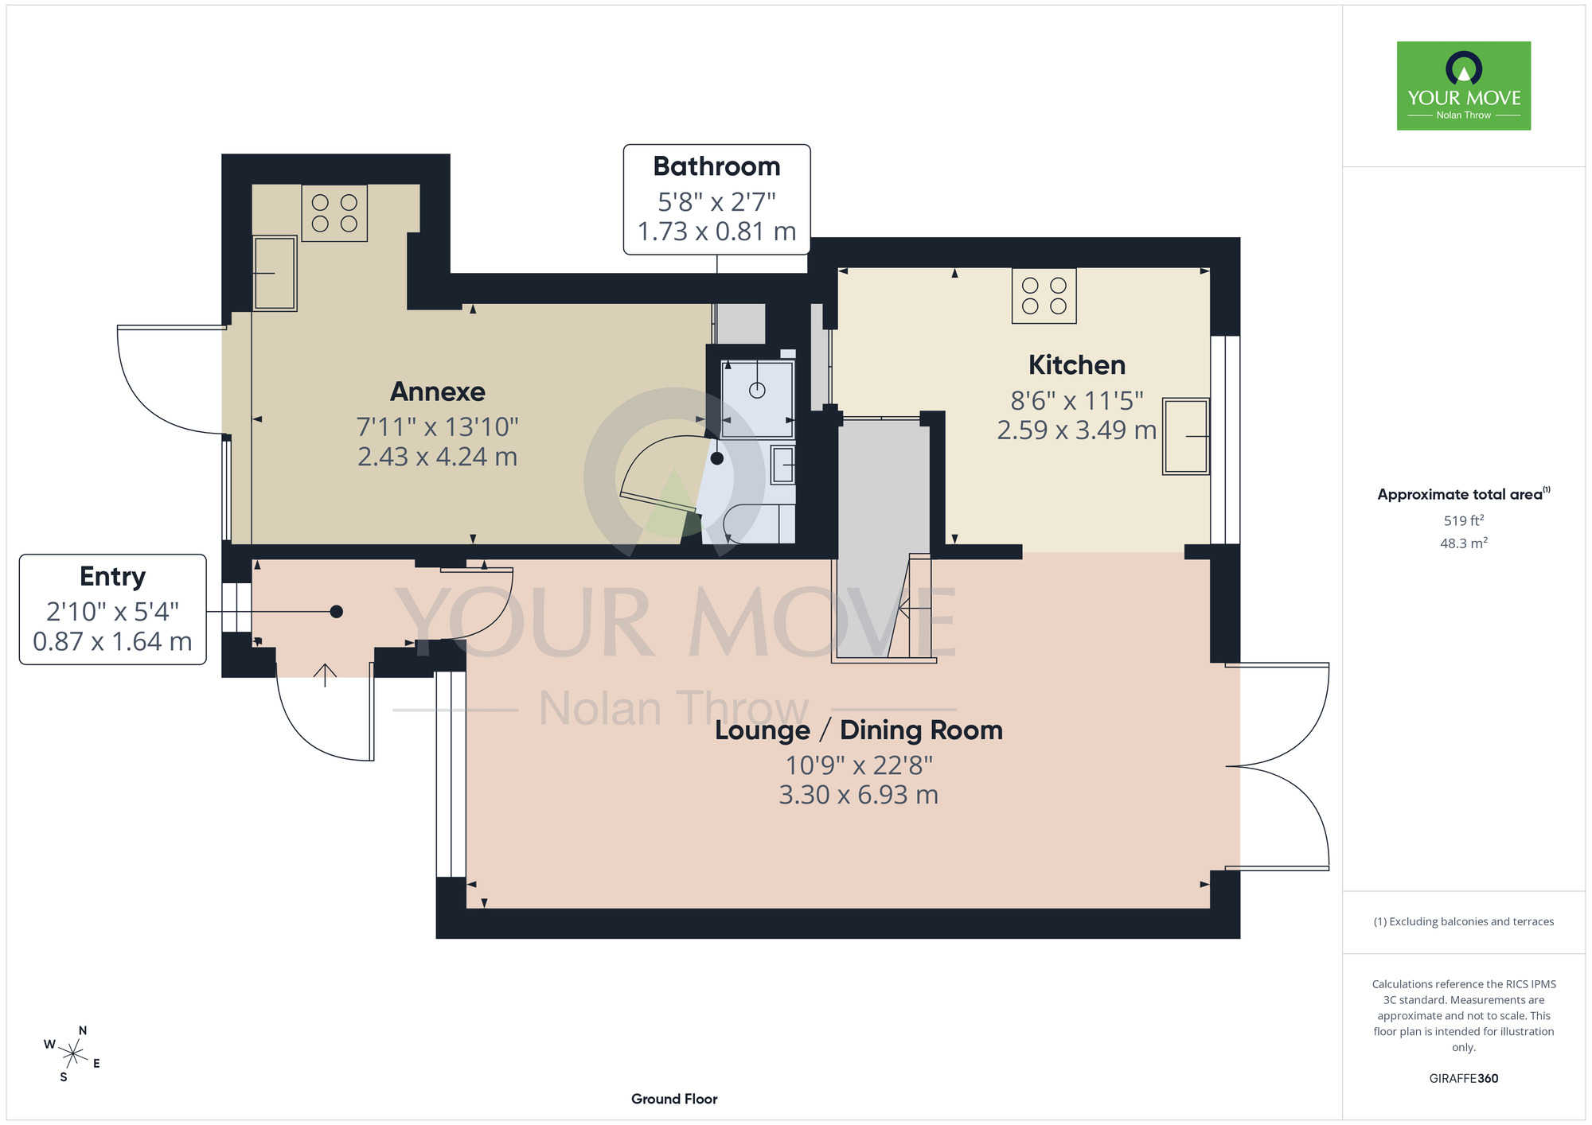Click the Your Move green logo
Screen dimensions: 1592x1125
[1463, 85]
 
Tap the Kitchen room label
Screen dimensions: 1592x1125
[1077, 365]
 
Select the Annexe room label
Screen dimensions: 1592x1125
[438, 391]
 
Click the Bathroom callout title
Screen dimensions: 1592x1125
[716, 166]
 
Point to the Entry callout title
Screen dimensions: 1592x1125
[112, 577]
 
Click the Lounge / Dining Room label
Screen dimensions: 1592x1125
[859, 730]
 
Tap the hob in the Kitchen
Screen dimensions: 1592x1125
[1044, 296]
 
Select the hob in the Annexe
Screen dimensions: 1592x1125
[334, 212]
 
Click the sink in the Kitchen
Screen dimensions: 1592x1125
[1186, 436]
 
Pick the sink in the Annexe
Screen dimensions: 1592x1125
[275, 273]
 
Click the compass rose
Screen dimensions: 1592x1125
[72, 1054]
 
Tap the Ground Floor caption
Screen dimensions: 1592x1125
[674, 1099]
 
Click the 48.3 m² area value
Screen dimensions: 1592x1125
[1464, 543]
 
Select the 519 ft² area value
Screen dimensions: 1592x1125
[1464, 520]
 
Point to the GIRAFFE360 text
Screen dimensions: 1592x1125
[1464, 1079]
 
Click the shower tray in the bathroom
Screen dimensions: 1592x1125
[757, 399]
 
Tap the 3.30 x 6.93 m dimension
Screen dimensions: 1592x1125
[859, 795]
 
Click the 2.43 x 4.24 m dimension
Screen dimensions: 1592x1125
[438, 457]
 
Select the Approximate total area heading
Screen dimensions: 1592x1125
[1464, 494]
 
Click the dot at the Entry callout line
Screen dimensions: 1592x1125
[337, 612]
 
